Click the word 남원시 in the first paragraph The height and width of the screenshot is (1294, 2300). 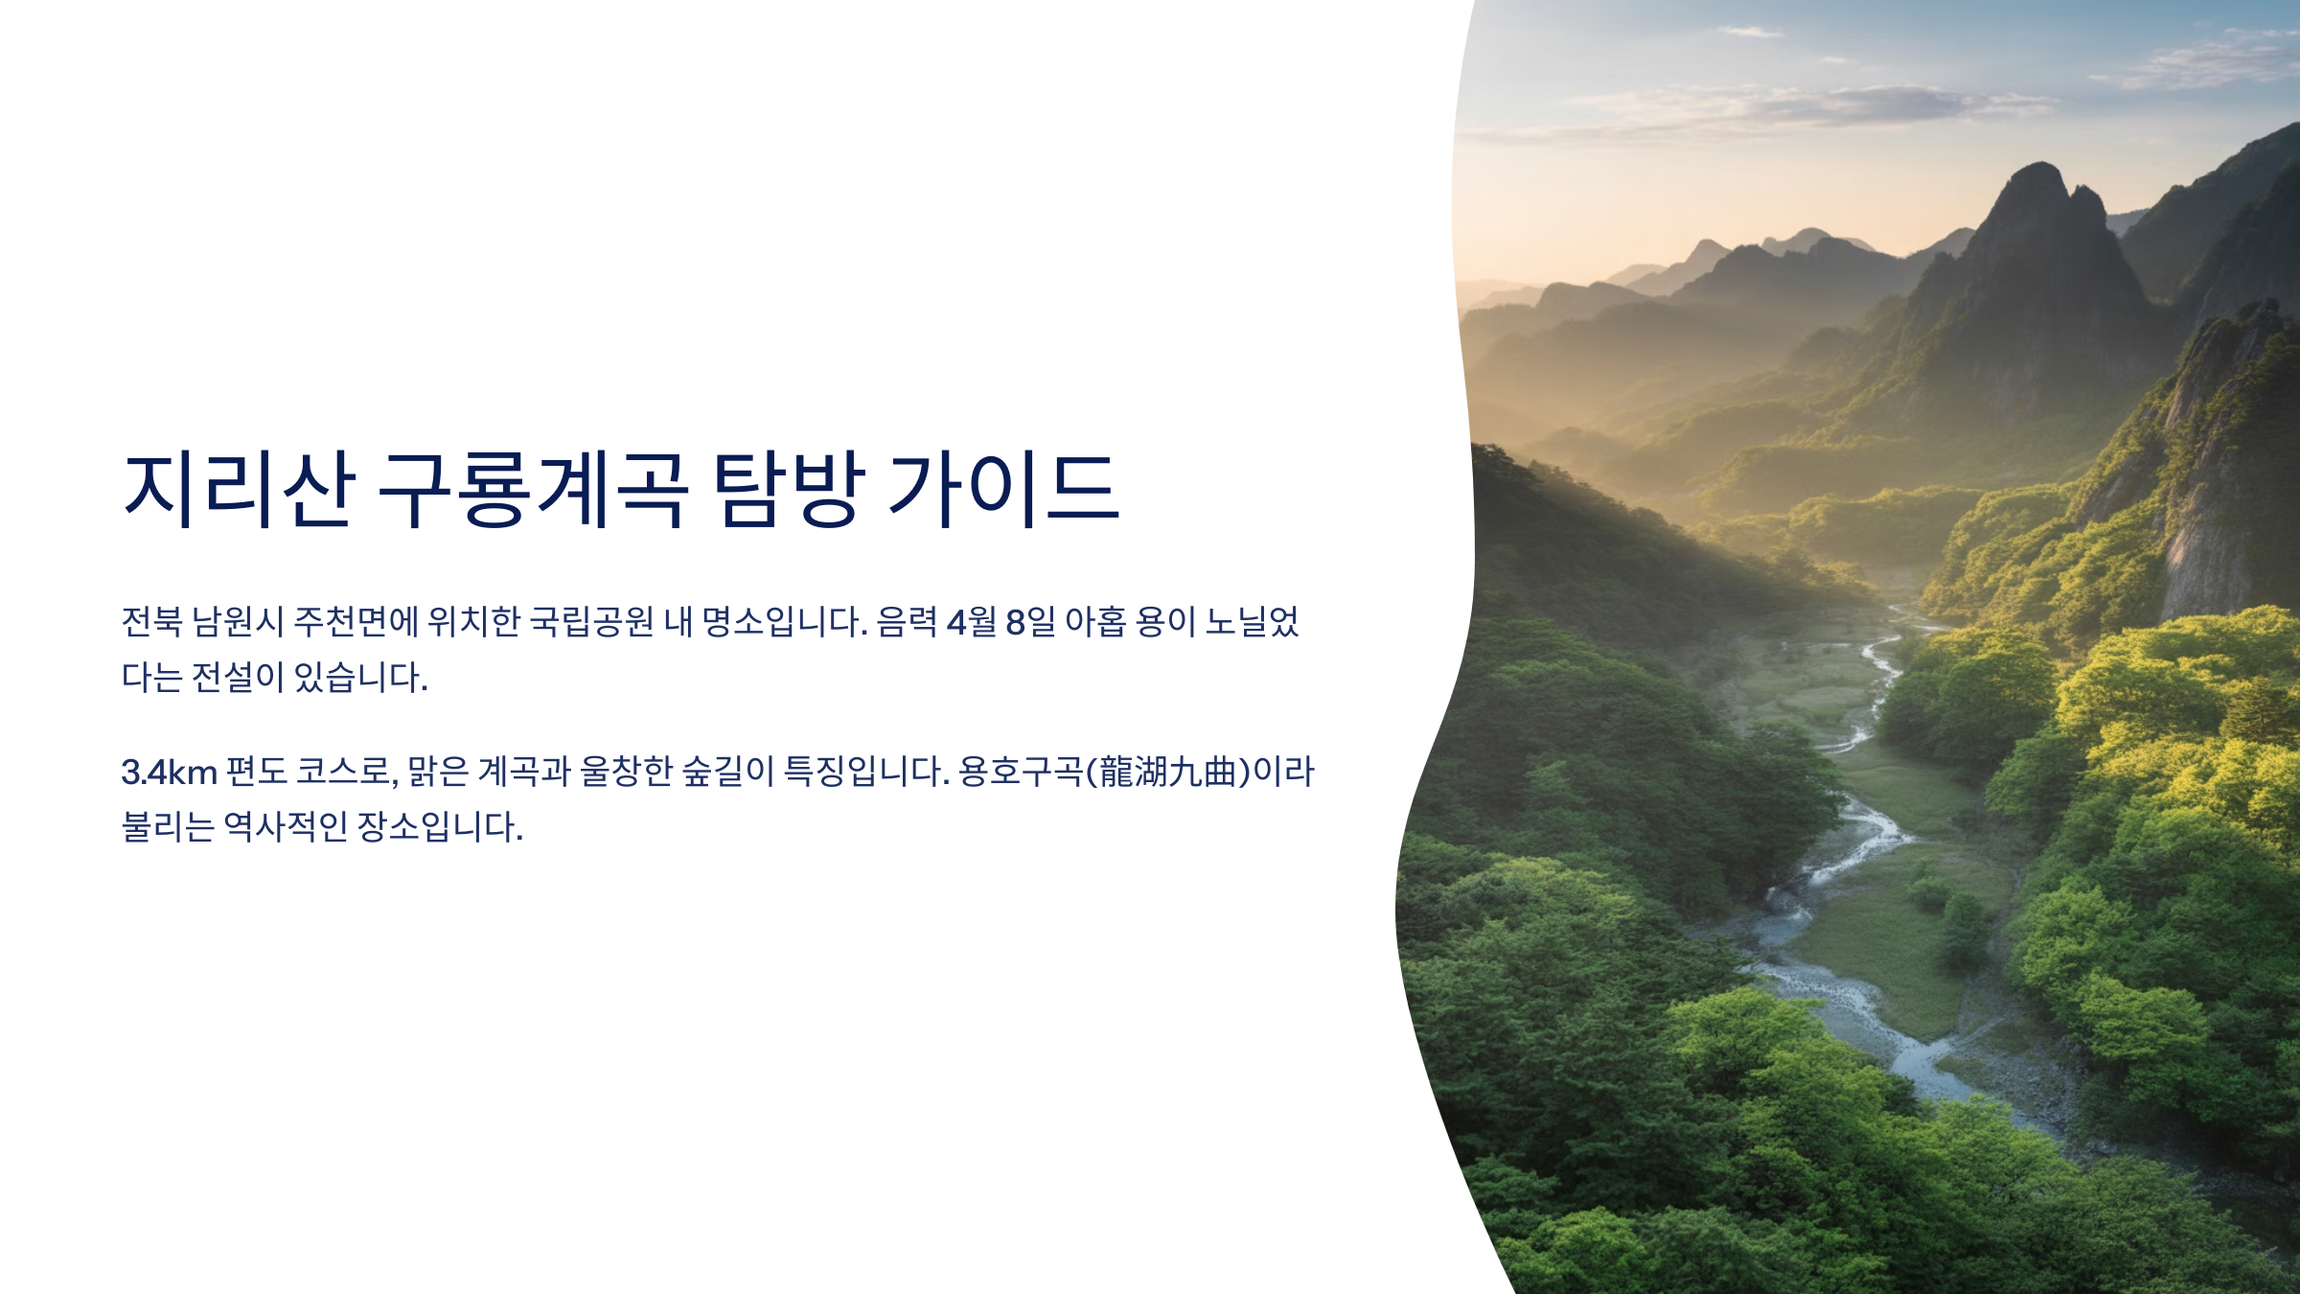point(238,622)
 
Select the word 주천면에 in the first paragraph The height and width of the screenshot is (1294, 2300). point(356,622)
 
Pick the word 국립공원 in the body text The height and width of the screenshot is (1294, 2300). point(591,622)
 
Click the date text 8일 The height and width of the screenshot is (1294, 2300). point(1030,622)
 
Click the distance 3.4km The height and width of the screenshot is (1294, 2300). point(169,772)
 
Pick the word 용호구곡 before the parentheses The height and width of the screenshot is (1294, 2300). point(1021,772)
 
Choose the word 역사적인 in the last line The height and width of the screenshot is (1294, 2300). point(285,826)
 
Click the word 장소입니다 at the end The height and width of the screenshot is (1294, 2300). point(440,826)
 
